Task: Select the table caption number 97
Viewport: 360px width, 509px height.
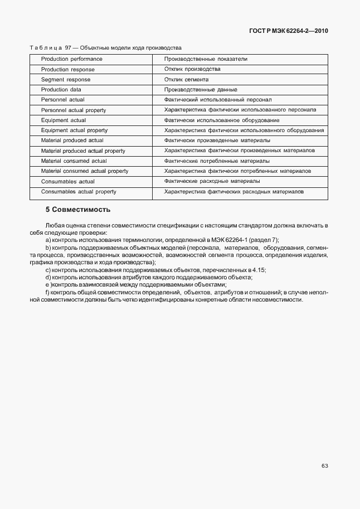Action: point(69,48)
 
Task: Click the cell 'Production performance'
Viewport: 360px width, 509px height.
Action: point(71,59)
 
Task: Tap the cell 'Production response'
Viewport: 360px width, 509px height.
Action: point(67,70)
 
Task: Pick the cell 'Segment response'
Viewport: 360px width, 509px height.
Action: point(65,80)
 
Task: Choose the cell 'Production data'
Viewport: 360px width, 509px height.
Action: point(61,90)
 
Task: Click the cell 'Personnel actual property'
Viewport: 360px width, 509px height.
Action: point(73,110)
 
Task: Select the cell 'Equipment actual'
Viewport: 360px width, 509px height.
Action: point(63,120)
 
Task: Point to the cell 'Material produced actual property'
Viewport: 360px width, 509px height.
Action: point(83,151)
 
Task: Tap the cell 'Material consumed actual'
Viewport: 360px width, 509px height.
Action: point(74,161)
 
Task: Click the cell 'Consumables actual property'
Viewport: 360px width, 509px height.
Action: point(79,192)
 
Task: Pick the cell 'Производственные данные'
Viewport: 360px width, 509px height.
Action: point(201,90)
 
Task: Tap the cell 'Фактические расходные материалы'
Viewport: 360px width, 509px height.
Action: point(212,182)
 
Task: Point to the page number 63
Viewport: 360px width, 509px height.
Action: point(324,466)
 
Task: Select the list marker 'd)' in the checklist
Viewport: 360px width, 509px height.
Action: point(48,277)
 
